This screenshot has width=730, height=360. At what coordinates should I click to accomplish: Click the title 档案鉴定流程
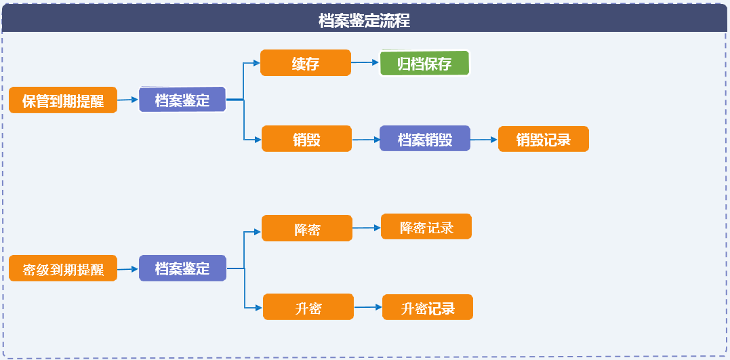[x=365, y=21]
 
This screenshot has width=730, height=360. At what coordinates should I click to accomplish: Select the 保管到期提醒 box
[x=63, y=100]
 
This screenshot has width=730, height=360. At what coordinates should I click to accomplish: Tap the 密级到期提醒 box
[x=63, y=268]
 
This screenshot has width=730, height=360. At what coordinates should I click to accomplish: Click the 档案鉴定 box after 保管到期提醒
[x=182, y=99]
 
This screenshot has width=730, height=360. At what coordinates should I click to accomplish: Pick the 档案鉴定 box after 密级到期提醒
[x=182, y=268]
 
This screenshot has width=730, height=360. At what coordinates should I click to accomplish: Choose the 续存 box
[x=306, y=62]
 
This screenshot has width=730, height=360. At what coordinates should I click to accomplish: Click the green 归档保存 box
[x=424, y=63]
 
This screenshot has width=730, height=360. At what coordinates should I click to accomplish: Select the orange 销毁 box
[x=307, y=138]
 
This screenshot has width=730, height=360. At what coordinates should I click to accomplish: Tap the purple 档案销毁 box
[x=425, y=138]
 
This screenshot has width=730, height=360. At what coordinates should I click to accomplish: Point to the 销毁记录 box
[x=544, y=139]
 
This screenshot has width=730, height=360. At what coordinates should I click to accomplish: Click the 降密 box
[x=307, y=228]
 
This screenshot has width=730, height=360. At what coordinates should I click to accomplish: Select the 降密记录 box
[x=426, y=226]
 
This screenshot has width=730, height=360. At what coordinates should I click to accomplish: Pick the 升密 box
[x=308, y=306]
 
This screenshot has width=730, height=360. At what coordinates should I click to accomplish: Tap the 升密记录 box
[x=428, y=307]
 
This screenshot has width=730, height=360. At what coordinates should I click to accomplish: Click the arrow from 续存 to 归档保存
[x=365, y=62]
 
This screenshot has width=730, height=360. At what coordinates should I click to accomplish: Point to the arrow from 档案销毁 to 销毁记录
[x=484, y=139]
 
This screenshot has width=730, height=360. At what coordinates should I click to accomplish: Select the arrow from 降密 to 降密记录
[x=367, y=228]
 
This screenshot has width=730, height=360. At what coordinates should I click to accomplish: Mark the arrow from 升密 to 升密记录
[x=368, y=307]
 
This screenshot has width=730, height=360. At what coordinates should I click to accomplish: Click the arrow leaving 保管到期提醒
[x=128, y=100]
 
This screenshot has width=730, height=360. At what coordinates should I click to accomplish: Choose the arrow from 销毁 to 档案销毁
[x=366, y=139]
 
